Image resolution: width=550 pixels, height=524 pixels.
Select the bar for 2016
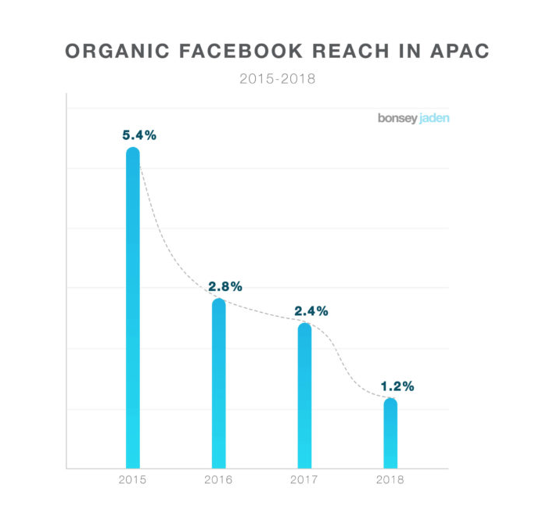[219, 383]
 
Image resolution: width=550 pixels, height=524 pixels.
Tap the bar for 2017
[304, 396]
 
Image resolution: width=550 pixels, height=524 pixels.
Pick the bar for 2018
[390, 434]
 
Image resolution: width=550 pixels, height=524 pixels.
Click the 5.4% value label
[139, 135]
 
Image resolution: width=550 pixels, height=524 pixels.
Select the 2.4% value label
[311, 310]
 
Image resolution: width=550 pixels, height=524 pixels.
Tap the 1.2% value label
[397, 386]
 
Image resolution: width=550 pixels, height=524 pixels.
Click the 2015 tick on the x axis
[133, 479]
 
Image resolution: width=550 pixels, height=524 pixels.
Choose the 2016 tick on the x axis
[219, 479]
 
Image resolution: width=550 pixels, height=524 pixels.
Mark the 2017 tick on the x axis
[304, 479]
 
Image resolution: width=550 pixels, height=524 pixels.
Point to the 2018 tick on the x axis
[390, 479]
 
